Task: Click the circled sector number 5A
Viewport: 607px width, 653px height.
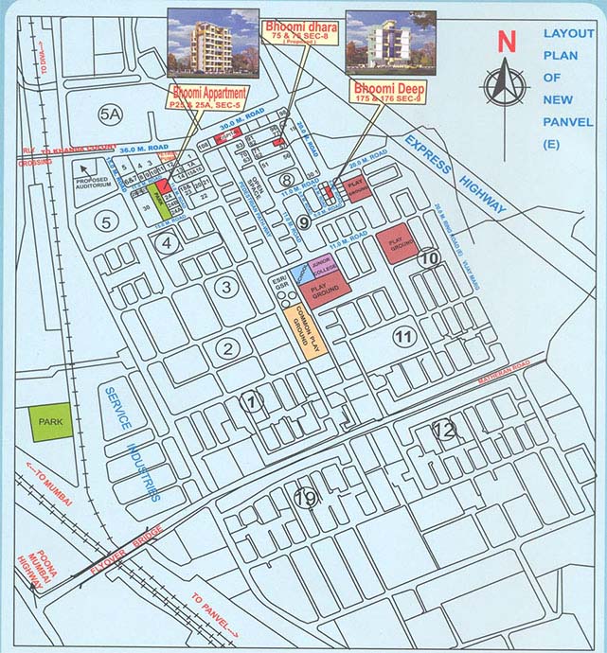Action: pyautogui.click(x=111, y=115)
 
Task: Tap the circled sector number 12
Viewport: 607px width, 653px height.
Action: pyautogui.click(x=443, y=431)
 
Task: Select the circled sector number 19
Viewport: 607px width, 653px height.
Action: pyautogui.click(x=305, y=499)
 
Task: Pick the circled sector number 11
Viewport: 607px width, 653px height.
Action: pyautogui.click(x=405, y=336)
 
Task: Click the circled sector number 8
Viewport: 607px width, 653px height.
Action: pyautogui.click(x=286, y=180)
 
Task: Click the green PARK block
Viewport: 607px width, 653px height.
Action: pyautogui.click(x=49, y=423)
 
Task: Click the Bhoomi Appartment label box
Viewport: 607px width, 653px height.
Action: pyautogui.click(x=209, y=97)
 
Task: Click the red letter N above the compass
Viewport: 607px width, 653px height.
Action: pyautogui.click(x=508, y=41)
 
